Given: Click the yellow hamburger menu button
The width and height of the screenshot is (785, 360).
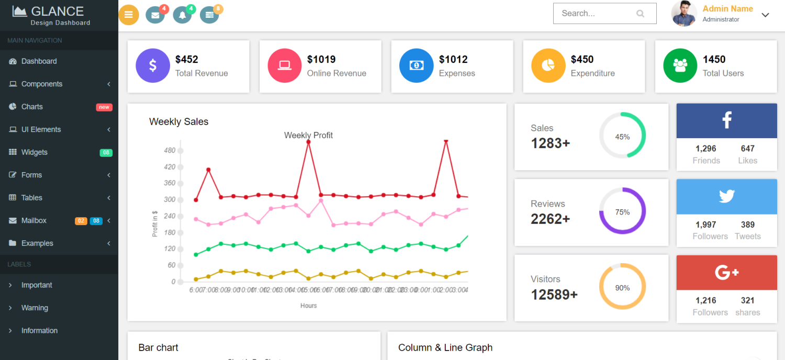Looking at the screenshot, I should [129, 15].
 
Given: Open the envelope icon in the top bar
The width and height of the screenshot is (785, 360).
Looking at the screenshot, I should [155, 15].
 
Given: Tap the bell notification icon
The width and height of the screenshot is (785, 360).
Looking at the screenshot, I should [182, 15].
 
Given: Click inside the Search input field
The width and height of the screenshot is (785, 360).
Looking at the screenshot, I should [597, 14].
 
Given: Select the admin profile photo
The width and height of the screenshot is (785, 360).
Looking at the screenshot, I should [684, 14].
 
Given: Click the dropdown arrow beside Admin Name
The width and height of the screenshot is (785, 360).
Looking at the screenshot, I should [765, 15].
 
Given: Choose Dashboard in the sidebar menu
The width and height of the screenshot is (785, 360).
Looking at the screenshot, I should [39, 61].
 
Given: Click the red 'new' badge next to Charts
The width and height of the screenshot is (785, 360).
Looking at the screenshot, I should [104, 107].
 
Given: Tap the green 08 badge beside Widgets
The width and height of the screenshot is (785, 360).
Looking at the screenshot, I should [106, 153].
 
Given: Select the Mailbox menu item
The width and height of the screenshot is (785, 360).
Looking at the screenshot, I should [34, 221].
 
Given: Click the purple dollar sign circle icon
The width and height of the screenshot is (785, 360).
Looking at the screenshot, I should [153, 65].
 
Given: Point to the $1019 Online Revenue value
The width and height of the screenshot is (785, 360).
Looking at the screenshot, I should [321, 60].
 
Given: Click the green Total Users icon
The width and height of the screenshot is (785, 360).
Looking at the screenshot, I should [680, 65].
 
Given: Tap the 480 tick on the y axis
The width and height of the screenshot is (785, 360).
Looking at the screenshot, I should [170, 151].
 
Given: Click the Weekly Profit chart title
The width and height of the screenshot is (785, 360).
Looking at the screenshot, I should [308, 136].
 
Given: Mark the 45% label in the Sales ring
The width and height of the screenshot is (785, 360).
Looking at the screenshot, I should [622, 137].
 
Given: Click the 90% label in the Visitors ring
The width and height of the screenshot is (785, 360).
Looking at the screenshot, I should [622, 288].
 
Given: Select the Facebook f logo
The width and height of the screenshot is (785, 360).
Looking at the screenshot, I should [726, 120].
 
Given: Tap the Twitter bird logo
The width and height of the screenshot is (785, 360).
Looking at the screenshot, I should [726, 196].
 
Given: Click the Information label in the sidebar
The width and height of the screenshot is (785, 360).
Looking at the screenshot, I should [39, 331].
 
